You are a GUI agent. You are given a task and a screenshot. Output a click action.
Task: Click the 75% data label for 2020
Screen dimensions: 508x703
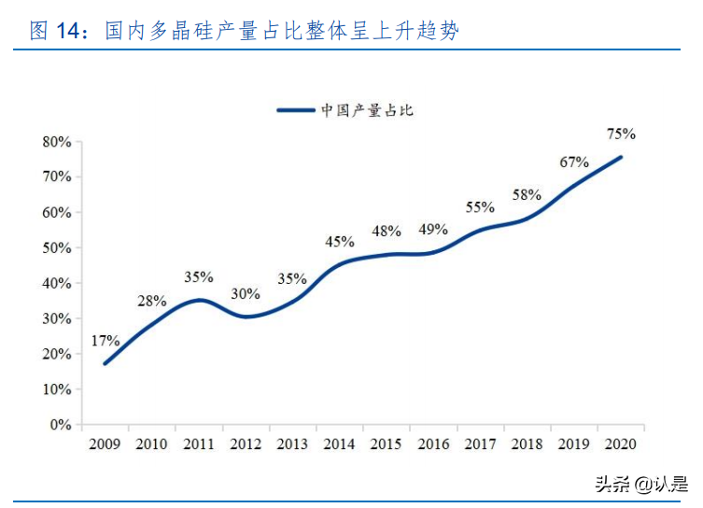621,134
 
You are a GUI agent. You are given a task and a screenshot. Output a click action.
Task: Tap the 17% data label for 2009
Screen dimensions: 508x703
105,340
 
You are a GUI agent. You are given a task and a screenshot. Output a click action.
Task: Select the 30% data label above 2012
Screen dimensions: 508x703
246,293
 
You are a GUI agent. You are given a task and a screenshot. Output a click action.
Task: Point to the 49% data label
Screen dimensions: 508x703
433,229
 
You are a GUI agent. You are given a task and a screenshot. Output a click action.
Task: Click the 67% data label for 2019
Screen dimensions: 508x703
574,162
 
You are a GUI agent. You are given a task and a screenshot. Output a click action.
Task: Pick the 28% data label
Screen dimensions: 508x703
151,301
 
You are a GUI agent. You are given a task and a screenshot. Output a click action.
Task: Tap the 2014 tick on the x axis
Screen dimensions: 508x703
339,444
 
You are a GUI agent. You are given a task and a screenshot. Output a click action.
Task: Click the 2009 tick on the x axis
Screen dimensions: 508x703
105,444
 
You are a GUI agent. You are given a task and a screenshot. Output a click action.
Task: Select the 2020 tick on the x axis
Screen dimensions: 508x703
621,444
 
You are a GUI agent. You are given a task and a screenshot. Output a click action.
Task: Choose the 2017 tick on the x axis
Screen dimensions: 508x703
480,444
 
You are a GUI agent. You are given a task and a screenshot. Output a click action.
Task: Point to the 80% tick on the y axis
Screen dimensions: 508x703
57,142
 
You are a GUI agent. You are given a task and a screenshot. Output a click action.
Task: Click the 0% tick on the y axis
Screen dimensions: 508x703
61,425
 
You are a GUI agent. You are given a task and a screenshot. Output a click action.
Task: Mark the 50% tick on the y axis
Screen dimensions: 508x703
57,248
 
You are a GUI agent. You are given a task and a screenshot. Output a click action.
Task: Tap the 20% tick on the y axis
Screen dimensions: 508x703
57,354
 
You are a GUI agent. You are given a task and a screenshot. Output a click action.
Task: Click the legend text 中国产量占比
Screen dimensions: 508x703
367,110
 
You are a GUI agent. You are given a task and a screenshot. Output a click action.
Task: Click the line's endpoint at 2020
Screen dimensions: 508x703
622,157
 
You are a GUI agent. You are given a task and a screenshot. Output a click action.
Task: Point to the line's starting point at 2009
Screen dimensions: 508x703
105,363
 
